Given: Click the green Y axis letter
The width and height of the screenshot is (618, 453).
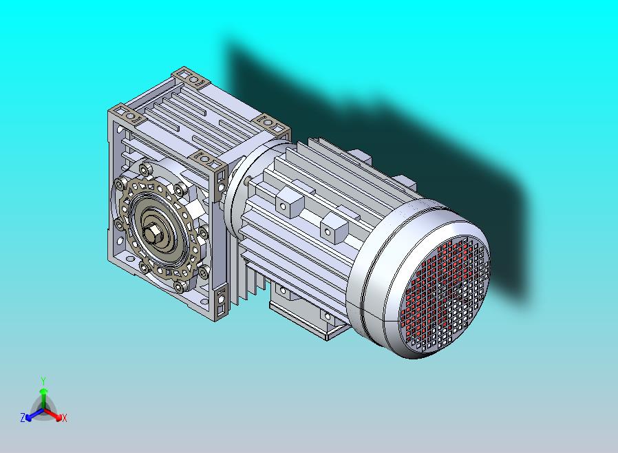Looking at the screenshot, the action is click(x=43, y=381).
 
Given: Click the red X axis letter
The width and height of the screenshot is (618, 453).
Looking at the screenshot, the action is click(x=65, y=418).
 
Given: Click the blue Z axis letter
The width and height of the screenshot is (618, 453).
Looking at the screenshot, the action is click(x=23, y=417).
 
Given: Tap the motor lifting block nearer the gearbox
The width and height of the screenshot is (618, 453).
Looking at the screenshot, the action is click(x=290, y=202).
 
